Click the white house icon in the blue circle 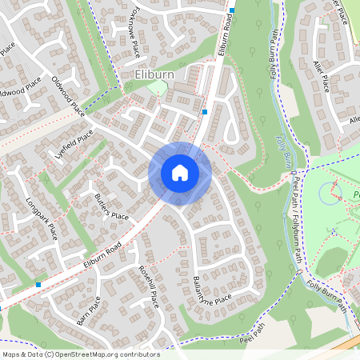[x=180, y=173]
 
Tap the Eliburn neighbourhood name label [x=150, y=75]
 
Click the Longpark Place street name [x=42, y=218]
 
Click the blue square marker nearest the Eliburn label [x=206, y=112]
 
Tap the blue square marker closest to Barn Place [x=38, y=284]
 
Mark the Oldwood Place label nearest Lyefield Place [x=67, y=94]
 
